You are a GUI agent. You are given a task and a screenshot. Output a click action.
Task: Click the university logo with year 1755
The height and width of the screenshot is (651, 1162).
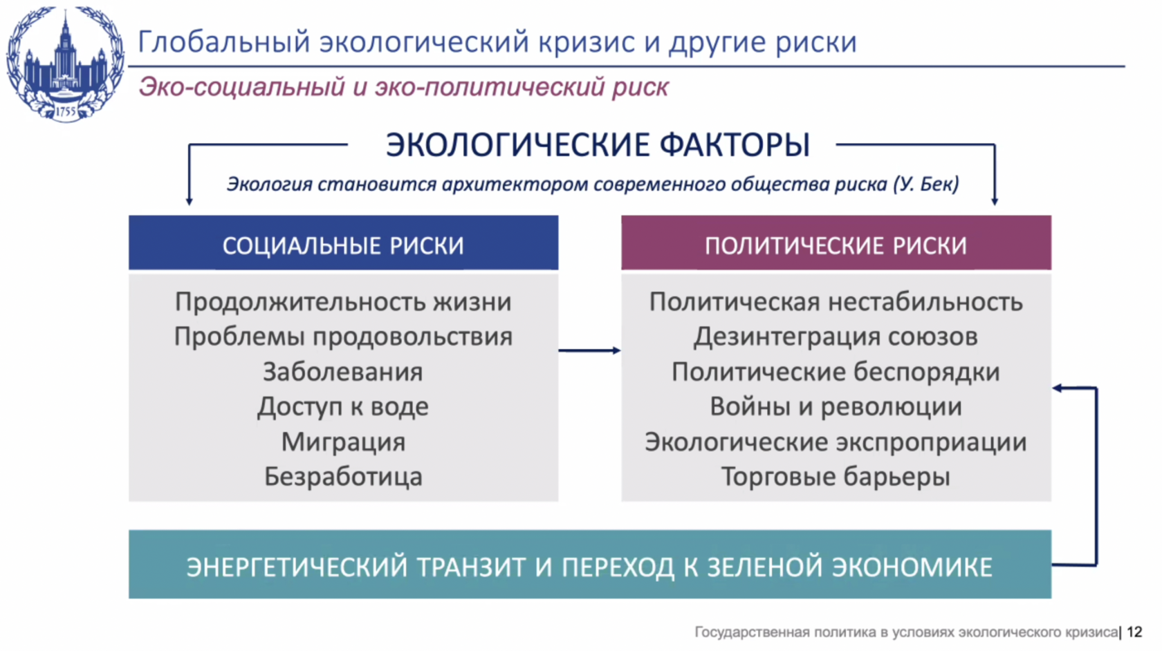click(x=65, y=64)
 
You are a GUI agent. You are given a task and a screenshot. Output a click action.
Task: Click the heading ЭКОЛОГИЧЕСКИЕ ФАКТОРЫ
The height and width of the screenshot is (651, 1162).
click(x=598, y=144)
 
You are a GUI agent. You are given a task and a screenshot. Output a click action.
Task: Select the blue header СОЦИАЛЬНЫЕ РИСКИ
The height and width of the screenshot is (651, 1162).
click(x=343, y=243)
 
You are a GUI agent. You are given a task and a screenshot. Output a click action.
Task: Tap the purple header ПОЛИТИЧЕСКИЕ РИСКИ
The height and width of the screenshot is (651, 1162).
click(x=836, y=243)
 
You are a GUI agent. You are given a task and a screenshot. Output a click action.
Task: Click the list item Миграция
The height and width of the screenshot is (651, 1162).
click(x=343, y=442)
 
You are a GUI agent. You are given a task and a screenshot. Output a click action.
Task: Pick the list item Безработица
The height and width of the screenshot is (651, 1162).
click(x=343, y=477)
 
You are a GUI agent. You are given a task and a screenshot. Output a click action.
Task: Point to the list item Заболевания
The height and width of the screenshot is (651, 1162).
click(x=343, y=372)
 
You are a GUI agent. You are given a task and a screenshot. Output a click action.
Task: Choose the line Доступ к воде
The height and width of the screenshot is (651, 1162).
click(x=343, y=407)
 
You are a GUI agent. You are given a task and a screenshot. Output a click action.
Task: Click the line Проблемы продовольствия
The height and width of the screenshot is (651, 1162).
click(x=343, y=337)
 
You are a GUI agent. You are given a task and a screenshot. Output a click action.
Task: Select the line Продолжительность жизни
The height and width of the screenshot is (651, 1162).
click(x=343, y=302)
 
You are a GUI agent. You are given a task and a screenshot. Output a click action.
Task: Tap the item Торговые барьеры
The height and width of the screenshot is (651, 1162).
click(x=836, y=477)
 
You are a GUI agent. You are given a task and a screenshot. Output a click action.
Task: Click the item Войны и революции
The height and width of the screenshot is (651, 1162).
click(x=836, y=407)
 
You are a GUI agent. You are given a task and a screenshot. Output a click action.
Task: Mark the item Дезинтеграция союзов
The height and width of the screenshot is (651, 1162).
click(x=836, y=337)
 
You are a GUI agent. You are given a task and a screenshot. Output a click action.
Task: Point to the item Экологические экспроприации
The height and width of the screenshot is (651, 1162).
click(x=836, y=442)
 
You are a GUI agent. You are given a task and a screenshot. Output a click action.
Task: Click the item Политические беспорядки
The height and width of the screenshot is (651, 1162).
click(x=836, y=372)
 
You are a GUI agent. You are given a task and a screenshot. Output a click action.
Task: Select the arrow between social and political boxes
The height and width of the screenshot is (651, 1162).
click(x=590, y=350)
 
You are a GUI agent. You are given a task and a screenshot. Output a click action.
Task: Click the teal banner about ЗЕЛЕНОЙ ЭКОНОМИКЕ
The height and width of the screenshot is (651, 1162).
click(x=590, y=565)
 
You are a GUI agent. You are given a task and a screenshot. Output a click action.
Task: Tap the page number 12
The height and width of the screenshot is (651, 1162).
click(x=1135, y=632)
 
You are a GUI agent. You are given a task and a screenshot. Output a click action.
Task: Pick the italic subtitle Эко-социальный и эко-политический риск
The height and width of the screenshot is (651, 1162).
click(x=404, y=86)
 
